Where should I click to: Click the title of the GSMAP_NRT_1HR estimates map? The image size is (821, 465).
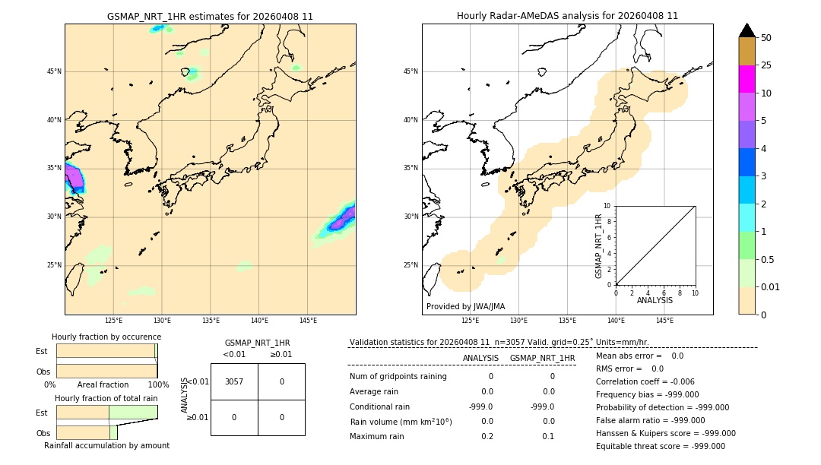[210, 16]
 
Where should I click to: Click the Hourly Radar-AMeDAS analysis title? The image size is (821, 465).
[567, 16]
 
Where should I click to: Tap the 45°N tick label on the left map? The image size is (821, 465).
[55, 71]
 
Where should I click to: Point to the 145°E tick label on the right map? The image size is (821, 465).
[664, 321]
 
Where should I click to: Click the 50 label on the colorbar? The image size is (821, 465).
[766, 38]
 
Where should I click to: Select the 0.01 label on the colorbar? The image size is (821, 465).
[771, 286]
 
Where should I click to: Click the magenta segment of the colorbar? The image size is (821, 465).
[747, 79]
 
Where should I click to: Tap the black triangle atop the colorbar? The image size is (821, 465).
[747, 30]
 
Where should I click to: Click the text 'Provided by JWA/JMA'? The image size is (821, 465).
[465, 307]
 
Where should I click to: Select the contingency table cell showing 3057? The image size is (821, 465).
[234, 381]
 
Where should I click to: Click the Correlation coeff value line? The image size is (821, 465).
[645, 382]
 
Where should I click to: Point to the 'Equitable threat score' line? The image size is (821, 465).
[660, 446]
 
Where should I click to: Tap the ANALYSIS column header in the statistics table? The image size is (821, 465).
[480, 358]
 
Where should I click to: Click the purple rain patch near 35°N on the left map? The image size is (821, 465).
[74, 179]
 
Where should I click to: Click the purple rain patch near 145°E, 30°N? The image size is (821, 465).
[342, 219]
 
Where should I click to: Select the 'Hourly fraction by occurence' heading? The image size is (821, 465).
[106, 337]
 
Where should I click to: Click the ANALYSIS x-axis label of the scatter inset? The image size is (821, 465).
[655, 300]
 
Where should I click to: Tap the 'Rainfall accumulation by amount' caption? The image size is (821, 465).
[106, 445]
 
